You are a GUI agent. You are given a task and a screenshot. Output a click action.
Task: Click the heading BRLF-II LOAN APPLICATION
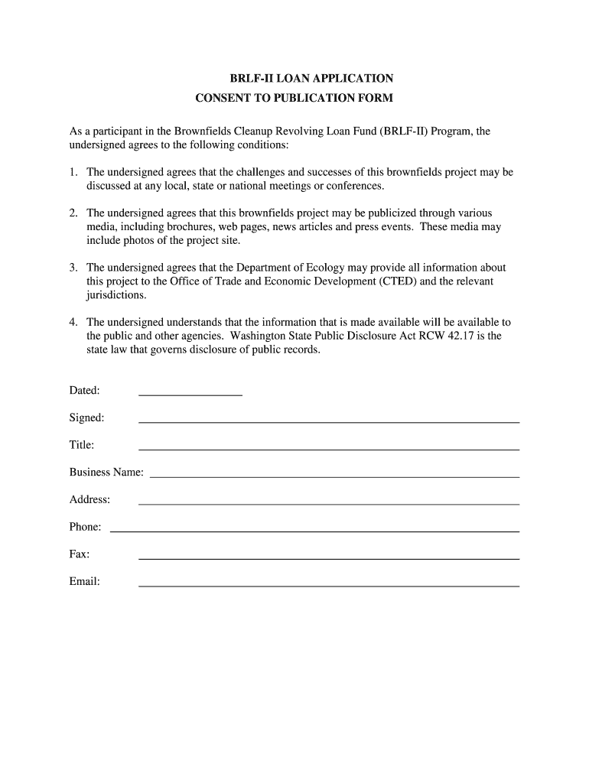click(312, 79)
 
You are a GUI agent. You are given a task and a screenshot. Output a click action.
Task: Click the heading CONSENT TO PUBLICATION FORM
click(294, 99)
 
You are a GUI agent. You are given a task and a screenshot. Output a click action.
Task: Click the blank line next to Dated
click(190, 394)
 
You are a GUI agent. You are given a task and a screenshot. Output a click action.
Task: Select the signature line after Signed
click(328, 421)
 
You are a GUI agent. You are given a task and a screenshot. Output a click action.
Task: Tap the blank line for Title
click(328, 448)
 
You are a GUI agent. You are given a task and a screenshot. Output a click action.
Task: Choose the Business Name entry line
click(334, 476)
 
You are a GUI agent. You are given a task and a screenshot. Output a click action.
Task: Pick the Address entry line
click(328, 503)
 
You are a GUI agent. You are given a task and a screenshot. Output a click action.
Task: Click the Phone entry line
click(314, 531)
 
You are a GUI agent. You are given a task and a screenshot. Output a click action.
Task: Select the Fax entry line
click(328, 558)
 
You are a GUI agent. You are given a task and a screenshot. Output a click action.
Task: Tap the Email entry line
click(328, 585)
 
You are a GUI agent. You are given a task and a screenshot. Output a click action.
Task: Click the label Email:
click(85, 581)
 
